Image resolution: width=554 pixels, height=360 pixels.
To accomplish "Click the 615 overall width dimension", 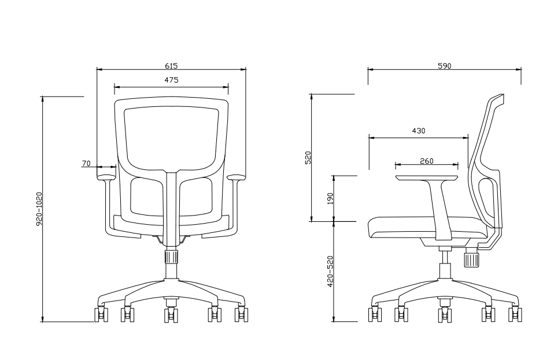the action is pyautogui.click(x=171, y=66).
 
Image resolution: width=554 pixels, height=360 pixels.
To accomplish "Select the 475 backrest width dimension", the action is pyautogui.click(x=171, y=80).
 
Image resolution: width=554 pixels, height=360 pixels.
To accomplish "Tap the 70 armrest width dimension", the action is pyautogui.click(x=86, y=164).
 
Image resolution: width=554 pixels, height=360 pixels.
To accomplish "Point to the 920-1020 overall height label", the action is pyautogui.click(x=39, y=209).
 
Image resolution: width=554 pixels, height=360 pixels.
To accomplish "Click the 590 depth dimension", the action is pyautogui.click(x=445, y=66).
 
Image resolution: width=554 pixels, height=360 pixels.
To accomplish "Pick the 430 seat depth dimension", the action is pyautogui.click(x=419, y=131).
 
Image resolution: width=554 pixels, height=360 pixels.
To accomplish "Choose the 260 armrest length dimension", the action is pyautogui.click(x=427, y=161).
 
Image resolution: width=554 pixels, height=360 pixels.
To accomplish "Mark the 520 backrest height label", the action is pyautogui.click(x=308, y=157).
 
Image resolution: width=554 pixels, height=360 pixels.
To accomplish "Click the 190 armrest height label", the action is pyautogui.click(x=330, y=199).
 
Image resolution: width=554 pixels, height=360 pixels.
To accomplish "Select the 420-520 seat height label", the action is pyautogui.click(x=330, y=271).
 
